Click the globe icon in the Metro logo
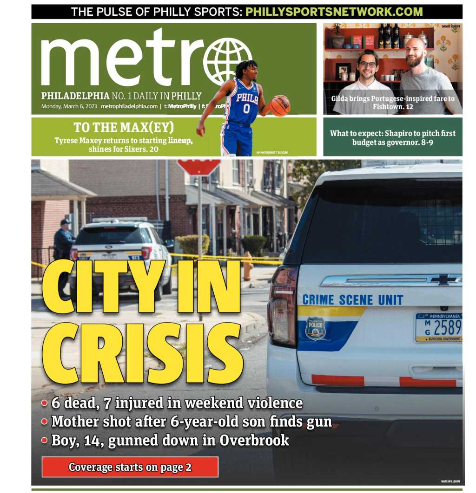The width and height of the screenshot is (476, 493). (x=227, y=61)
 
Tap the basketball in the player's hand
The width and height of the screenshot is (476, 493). (x=280, y=105)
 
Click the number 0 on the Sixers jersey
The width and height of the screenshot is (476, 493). (x=246, y=109)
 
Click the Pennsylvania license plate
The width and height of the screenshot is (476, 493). (x=438, y=327)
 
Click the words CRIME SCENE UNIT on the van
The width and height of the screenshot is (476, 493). (x=352, y=299)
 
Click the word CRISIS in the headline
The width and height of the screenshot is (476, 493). (x=142, y=354)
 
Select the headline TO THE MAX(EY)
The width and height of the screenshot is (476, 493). (x=124, y=127)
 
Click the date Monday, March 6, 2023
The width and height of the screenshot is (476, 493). (x=69, y=106)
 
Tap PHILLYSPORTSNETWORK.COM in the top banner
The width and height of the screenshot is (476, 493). (x=334, y=12)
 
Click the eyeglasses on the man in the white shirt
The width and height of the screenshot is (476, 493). (x=367, y=65)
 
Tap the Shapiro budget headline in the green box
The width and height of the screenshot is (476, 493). (x=393, y=137)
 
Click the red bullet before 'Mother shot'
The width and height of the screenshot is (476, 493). (x=45, y=422)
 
